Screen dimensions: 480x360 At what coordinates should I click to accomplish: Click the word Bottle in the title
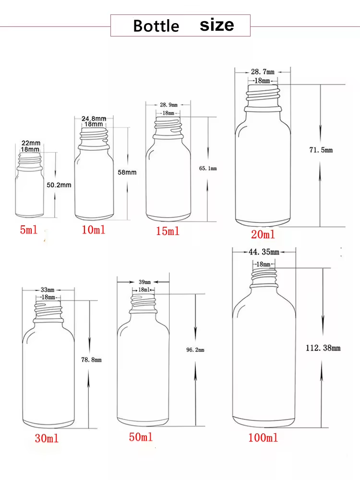point(156,25)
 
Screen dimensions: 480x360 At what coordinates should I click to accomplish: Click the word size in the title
point(217,25)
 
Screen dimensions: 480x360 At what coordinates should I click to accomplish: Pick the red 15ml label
point(168,231)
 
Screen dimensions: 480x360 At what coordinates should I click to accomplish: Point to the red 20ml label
point(263,234)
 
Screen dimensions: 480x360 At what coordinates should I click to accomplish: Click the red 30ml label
point(47,438)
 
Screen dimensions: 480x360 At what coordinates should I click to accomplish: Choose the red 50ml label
point(141,437)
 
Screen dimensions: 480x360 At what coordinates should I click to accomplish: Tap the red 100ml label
point(263,438)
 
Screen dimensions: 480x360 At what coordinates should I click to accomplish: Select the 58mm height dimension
point(127,172)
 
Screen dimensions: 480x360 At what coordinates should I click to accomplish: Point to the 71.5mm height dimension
point(321,150)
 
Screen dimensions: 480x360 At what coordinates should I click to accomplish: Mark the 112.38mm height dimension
point(323,348)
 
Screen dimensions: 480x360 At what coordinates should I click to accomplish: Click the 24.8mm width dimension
point(94,118)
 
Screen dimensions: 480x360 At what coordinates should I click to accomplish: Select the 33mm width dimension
point(48,290)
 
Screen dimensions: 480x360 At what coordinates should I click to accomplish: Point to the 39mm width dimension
point(144,282)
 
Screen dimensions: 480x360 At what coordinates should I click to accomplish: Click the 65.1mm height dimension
point(208,168)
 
